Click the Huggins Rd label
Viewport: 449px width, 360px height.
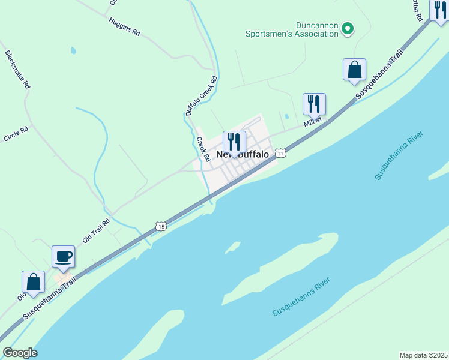(125, 26)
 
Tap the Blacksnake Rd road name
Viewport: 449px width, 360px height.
(17, 70)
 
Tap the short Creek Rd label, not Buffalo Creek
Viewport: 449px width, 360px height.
(203, 149)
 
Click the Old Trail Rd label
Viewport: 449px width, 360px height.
(97, 230)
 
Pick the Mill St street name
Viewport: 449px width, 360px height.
(313, 122)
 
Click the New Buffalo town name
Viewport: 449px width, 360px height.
(243, 154)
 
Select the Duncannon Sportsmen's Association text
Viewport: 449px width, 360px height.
(292, 30)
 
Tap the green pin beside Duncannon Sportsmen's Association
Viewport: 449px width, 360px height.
(347, 28)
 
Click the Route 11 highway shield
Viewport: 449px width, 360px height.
(280, 154)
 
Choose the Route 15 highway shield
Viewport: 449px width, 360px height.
(160, 226)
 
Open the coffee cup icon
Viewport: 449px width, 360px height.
(63, 257)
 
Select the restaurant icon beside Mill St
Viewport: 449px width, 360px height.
(314, 104)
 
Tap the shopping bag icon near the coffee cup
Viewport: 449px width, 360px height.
(33, 283)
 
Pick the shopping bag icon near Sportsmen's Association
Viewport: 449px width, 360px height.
(355, 70)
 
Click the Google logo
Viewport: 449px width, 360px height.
(20, 352)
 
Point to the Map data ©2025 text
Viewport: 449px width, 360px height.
(423, 355)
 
